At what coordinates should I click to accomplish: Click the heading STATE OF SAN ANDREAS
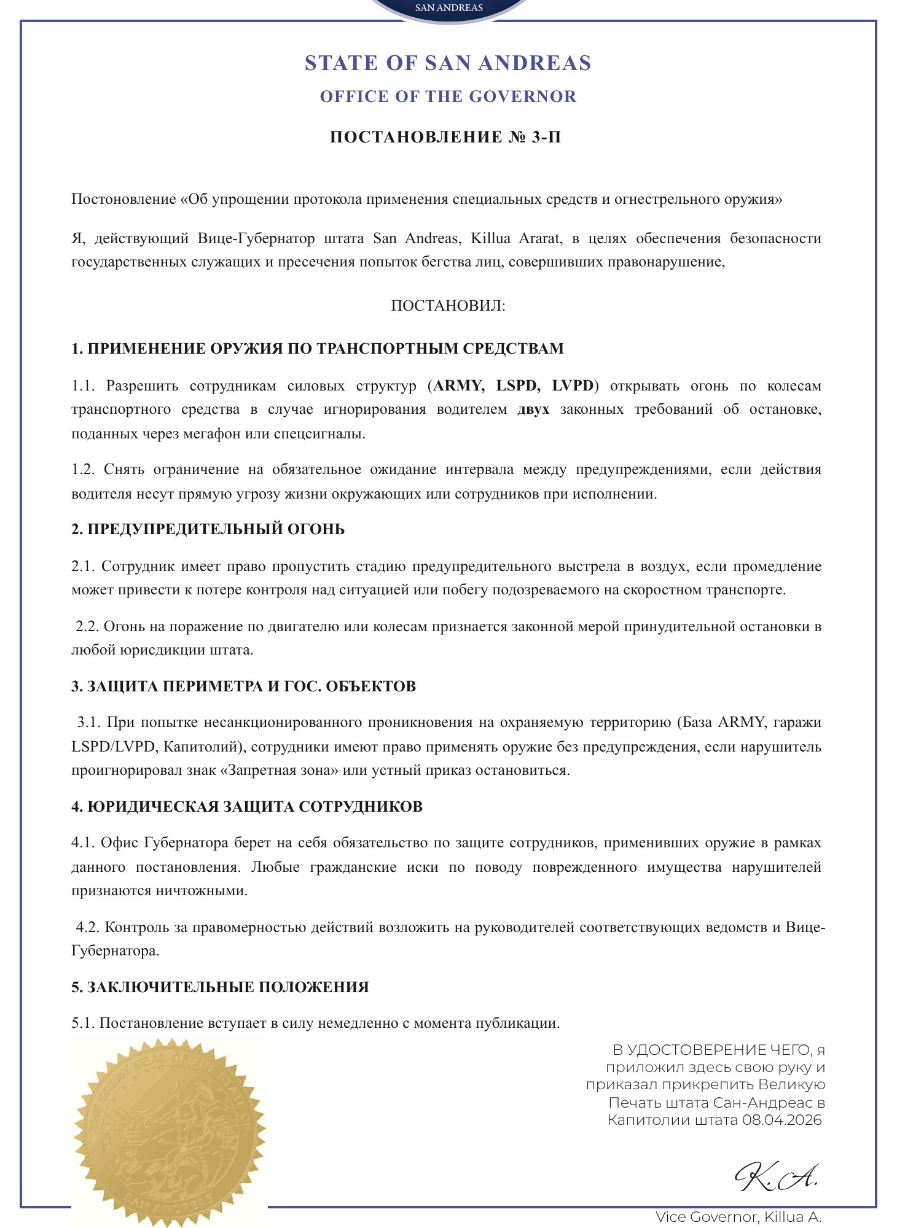click(x=448, y=63)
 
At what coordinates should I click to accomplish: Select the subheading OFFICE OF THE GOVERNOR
click(x=448, y=96)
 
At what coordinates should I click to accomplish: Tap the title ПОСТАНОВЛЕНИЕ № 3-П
click(x=445, y=137)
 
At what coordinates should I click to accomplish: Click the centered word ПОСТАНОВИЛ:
click(x=448, y=306)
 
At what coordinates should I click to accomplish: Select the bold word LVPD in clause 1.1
click(x=573, y=386)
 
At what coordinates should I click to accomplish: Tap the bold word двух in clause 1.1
click(x=533, y=410)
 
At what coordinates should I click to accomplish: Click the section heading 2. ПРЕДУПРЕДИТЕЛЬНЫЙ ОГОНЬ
click(x=208, y=529)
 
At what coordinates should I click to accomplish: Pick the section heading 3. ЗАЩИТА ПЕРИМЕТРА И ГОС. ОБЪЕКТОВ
click(x=243, y=686)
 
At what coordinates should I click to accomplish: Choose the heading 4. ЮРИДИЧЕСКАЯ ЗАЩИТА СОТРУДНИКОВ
click(x=247, y=807)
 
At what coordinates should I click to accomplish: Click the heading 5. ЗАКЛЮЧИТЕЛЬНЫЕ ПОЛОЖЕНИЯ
click(x=220, y=987)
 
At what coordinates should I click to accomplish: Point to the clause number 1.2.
click(x=83, y=470)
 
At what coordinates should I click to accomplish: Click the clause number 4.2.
click(x=87, y=927)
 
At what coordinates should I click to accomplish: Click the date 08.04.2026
click(x=781, y=1120)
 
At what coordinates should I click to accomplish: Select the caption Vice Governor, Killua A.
click(x=738, y=1217)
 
